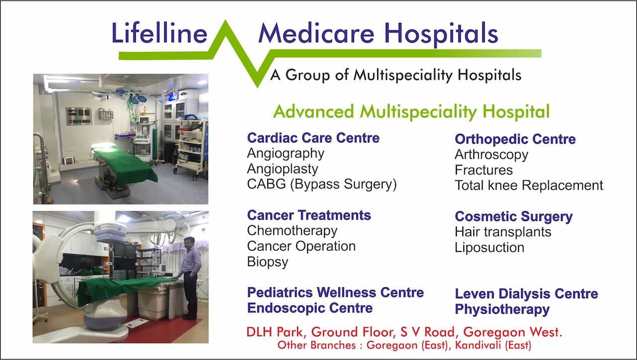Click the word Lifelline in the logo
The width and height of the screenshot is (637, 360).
tap(159, 33)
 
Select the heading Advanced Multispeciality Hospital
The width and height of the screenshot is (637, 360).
tap(411, 112)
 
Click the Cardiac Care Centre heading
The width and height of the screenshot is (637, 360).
tap(313, 138)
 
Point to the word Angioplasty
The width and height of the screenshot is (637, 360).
tap(282, 169)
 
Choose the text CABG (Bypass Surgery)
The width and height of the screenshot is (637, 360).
tap(321, 184)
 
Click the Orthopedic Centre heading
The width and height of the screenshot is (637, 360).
tap(515, 139)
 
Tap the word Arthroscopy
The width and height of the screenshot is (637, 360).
tap(491, 155)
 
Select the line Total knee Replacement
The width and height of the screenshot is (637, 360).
tap(529, 185)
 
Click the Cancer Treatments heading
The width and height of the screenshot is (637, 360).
tap(309, 215)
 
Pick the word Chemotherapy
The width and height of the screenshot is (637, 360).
tap(292, 231)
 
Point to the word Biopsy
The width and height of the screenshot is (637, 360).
tap(267, 262)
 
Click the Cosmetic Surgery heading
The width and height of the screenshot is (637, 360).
tap(514, 217)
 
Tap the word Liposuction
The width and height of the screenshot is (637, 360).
tap(489, 247)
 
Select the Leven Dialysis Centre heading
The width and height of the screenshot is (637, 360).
tap(527, 294)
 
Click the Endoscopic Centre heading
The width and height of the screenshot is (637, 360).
tap(310, 308)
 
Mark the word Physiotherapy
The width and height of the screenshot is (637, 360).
tap(502, 310)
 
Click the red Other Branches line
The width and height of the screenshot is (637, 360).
tap(404, 345)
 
